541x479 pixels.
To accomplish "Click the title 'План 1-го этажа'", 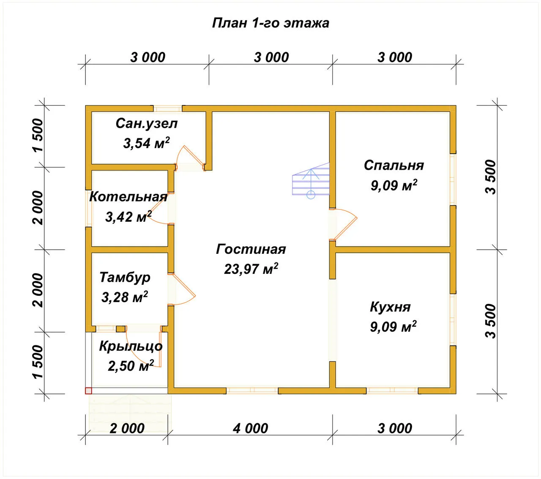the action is tap(270, 23).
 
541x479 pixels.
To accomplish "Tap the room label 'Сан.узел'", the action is tap(147, 124).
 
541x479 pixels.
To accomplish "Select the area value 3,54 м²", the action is tap(146, 143).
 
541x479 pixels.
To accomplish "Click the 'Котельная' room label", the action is tap(128, 197).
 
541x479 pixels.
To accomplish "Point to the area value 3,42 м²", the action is tap(128, 217).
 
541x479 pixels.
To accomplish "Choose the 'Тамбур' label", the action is tap(125, 278).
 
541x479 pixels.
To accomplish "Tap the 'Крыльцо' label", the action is tap(131, 347).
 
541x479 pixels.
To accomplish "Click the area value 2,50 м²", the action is tap(131, 366).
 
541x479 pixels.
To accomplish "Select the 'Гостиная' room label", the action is tap(251, 249).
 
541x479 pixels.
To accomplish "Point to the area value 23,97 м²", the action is tap(251, 269).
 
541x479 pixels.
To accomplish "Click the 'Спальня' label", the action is tap(394, 165).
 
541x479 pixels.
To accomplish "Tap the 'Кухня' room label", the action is tap(390, 307).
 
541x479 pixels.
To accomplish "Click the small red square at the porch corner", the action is tap(88, 391).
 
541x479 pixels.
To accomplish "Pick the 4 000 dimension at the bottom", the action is tap(250, 428).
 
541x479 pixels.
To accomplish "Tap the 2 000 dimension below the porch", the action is tap(127, 428).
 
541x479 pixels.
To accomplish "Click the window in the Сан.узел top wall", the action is tap(168, 108).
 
